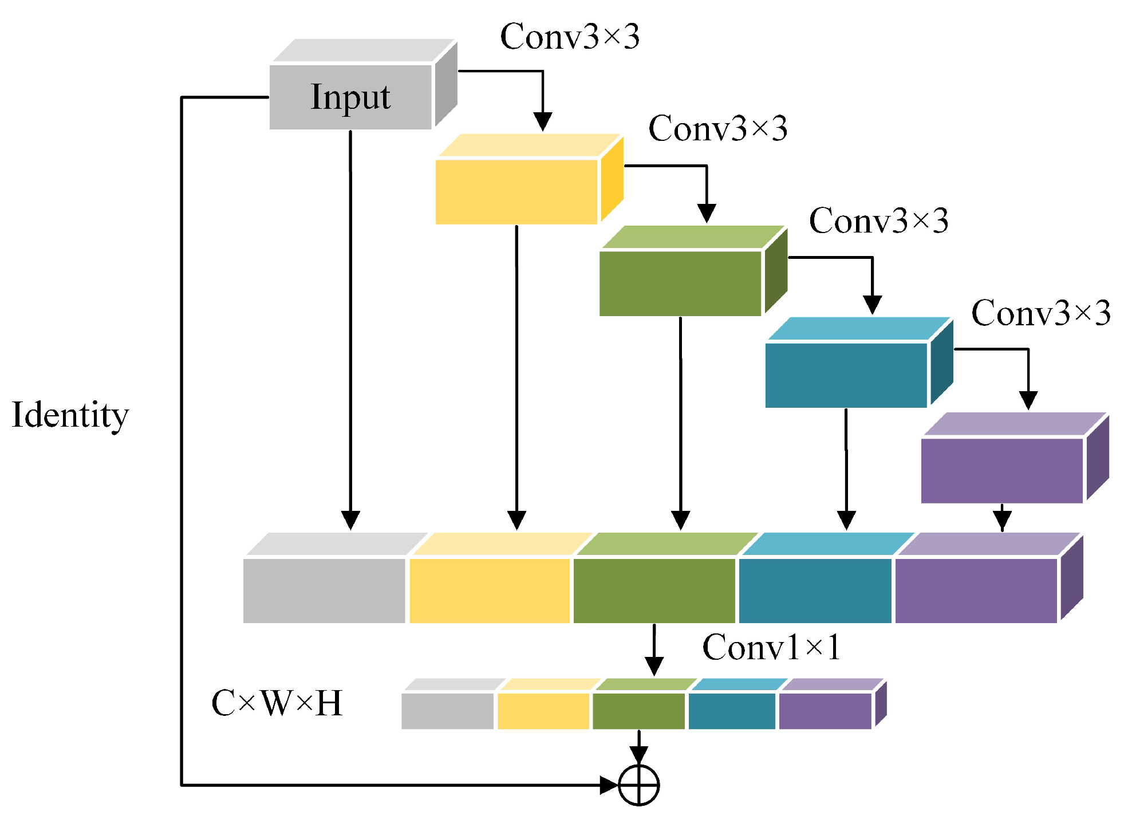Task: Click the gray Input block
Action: click(x=350, y=96)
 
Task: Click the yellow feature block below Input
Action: click(x=516, y=191)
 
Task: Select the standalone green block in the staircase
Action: click(x=680, y=283)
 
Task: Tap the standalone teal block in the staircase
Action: click(x=846, y=375)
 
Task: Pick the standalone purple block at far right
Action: click(x=1001, y=470)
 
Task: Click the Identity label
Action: click(x=70, y=415)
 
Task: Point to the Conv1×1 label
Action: click(x=771, y=648)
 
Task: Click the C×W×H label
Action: click(x=277, y=703)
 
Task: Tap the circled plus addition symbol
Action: click(x=638, y=785)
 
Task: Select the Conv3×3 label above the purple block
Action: click(x=1040, y=313)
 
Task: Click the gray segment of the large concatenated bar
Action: click(x=324, y=590)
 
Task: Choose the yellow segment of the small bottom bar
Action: click(x=543, y=711)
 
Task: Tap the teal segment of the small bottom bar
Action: click(x=731, y=711)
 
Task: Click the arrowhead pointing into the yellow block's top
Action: click(x=542, y=121)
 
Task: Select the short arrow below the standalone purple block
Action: click(x=1001, y=518)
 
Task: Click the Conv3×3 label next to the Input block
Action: click(x=569, y=37)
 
